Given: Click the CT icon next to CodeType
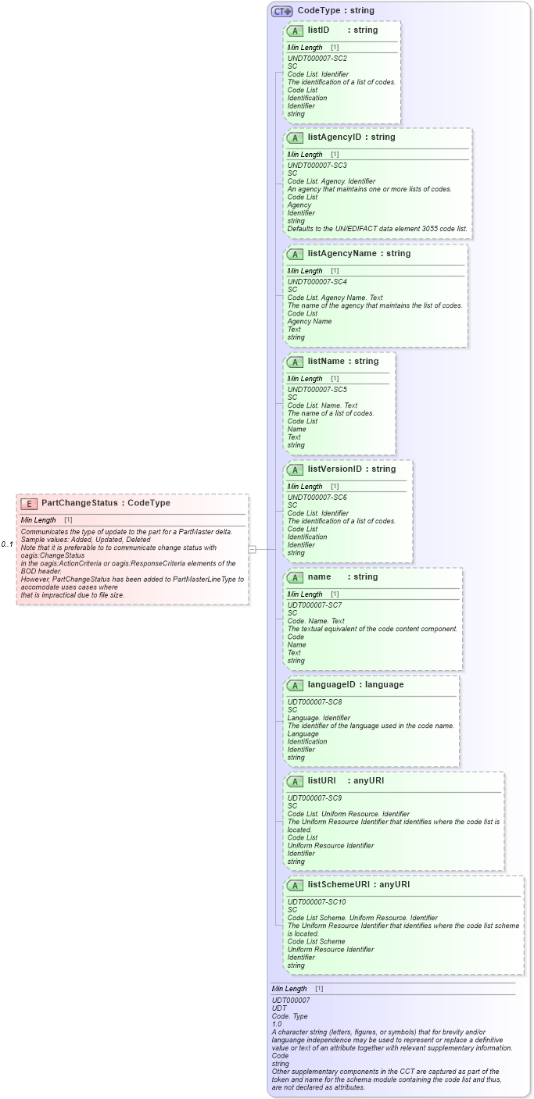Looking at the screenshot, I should [x=281, y=11].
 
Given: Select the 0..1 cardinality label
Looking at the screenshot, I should [x=7, y=544].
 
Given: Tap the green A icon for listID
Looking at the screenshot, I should [x=296, y=30].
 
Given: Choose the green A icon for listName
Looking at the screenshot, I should [x=296, y=362].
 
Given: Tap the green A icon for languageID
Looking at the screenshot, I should [x=296, y=685].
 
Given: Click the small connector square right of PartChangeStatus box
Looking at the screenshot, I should [x=252, y=549].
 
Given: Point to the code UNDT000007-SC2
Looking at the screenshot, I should [x=317, y=59].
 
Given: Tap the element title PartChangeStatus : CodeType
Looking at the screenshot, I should [x=106, y=504].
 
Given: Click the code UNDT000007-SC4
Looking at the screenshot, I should [x=317, y=282].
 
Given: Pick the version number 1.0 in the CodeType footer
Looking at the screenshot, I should [x=277, y=1024].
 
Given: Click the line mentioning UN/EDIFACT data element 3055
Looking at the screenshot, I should [x=378, y=229].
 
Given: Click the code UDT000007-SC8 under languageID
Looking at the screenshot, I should [x=314, y=702].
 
